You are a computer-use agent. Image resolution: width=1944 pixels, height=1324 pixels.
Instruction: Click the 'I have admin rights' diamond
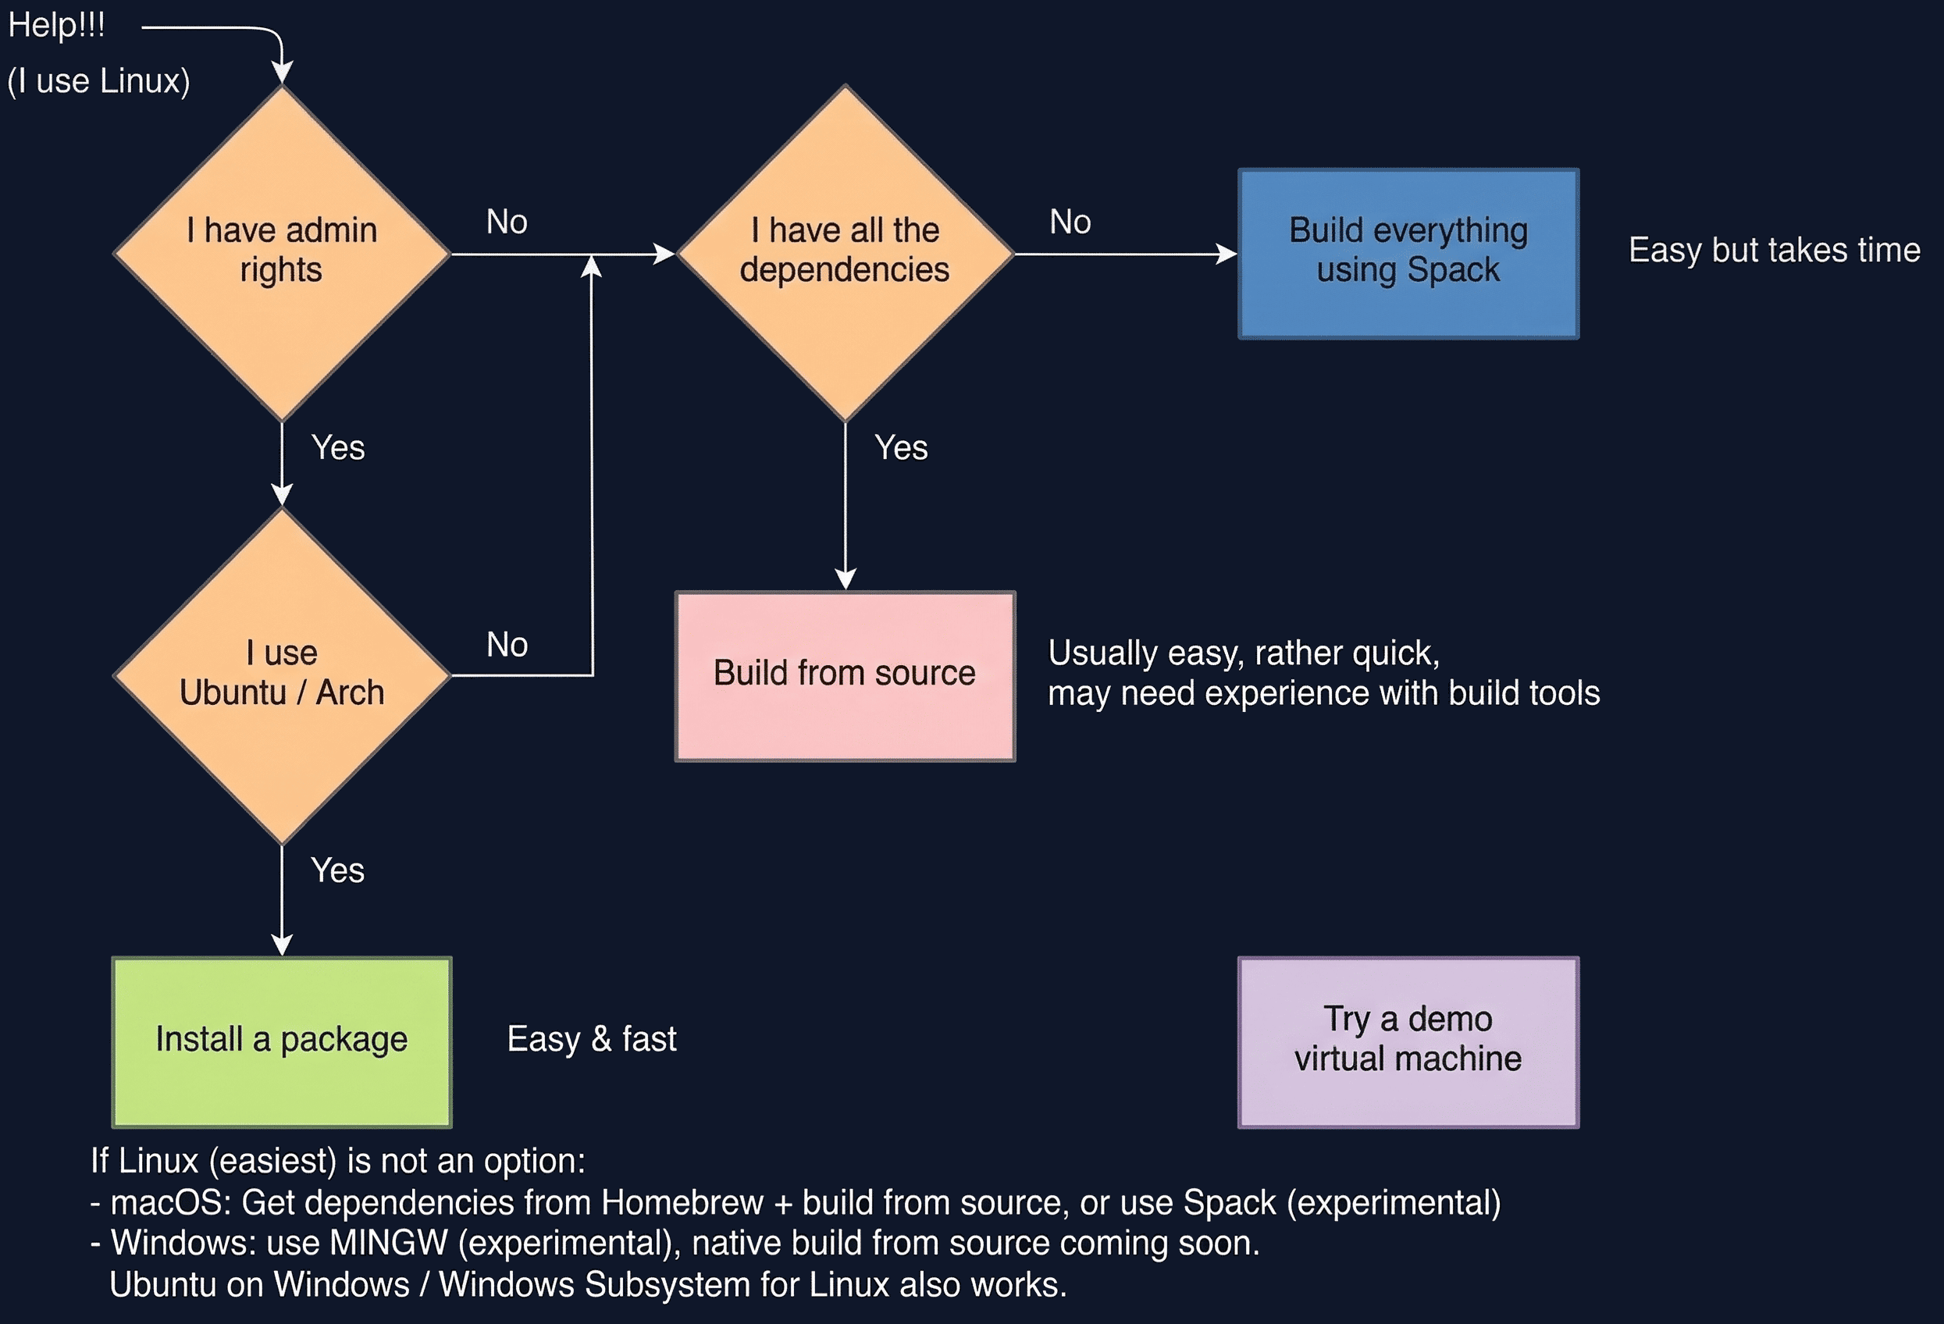click(x=282, y=253)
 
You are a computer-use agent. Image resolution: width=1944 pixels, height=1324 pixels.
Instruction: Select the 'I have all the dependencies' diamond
click(x=845, y=253)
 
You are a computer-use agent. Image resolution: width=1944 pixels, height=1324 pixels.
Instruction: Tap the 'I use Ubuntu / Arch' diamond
click(x=282, y=675)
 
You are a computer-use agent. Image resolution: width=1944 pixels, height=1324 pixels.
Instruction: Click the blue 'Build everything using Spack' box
click(x=1408, y=253)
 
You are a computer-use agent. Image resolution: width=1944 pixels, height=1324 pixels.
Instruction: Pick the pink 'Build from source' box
click(x=845, y=675)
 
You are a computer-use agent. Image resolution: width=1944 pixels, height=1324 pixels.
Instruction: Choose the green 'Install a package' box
click(x=282, y=1041)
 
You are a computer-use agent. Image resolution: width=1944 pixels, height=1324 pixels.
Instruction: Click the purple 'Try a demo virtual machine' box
click(x=1408, y=1041)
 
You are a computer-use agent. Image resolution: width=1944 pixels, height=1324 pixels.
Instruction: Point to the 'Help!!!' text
click(x=56, y=25)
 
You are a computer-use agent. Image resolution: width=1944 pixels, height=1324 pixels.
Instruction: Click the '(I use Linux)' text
click(x=98, y=81)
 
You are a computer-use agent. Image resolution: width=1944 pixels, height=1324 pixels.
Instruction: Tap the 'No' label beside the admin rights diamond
click(x=507, y=222)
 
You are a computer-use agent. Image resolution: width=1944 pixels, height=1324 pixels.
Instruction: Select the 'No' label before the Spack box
click(x=1070, y=222)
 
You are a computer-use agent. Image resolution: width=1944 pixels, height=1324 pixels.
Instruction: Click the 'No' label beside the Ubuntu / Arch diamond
click(x=507, y=645)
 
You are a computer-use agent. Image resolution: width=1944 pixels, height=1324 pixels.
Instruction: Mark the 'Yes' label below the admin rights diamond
click(x=338, y=447)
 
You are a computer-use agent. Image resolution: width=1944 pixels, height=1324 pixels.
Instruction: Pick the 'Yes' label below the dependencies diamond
click(x=901, y=447)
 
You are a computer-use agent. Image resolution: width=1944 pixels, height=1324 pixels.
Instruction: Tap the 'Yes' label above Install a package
click(x=338, y=870)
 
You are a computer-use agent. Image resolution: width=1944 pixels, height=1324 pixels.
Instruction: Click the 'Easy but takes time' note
click(x=1773, y=250)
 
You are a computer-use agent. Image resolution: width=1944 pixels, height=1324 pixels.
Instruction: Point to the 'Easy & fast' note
click(x=592, y=1039)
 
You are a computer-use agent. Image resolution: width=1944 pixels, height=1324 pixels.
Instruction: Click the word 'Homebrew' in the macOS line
click(x=682, y=1203)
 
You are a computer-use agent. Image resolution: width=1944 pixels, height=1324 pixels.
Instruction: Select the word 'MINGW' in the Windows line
click(x=389, y=1243)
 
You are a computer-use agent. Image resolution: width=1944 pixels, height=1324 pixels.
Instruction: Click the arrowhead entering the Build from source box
click(x=845, y=579)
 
